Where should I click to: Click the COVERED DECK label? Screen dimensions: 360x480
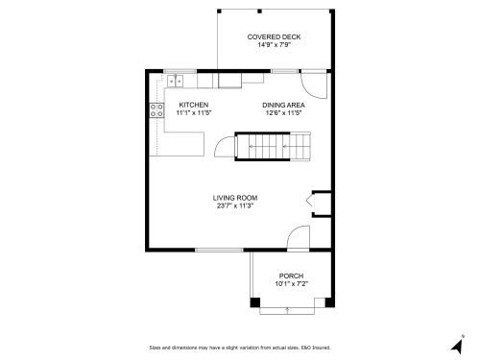pos(274,36)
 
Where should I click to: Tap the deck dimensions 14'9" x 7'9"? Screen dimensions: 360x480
pos(274,45)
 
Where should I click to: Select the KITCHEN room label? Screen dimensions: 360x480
pos(193,105)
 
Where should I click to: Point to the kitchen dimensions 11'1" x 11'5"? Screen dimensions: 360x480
pos(193,113)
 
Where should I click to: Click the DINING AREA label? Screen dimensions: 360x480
pos(283,105)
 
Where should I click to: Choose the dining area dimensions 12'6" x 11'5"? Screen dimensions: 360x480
pos(283,113)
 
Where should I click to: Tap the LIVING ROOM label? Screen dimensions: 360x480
pos(235,198)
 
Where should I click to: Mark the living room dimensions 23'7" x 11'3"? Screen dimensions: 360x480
pos(235,206)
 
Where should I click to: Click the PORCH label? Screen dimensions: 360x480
pos(292,275)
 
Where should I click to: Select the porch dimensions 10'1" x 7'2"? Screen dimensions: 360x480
pos(292,283)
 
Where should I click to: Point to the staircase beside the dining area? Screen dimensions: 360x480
pos(280,146)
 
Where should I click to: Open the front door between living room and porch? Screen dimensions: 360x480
pos(300,238)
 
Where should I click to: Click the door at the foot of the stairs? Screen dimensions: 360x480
pos(223,147)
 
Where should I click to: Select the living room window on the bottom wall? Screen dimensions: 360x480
pos(218,250)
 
